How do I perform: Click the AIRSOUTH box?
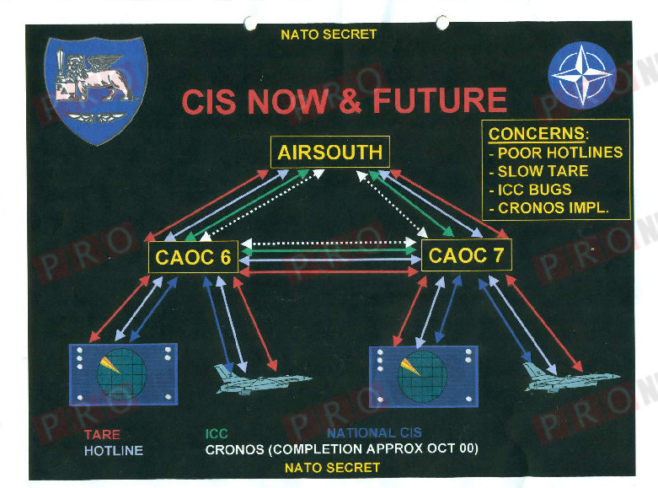(329, 153)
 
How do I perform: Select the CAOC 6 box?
(194, 257)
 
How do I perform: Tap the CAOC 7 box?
(466, 255)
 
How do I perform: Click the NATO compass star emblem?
(581, 75)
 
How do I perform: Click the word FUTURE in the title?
(439, 101)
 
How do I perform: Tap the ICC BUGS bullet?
(533, 190)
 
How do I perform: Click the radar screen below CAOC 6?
(123, 372)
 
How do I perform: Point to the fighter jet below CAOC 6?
(248, 379)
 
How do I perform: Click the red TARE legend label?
(102, 434)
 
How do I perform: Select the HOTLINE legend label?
(114, 450)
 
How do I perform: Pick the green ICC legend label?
(217, 434)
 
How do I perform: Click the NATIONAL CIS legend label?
(374, 433)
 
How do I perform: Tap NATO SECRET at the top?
(329, 35)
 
